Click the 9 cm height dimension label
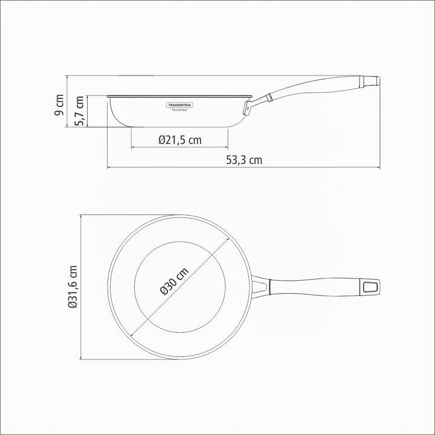click(x=59, y=105)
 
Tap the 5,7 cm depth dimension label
click(x=79, y=111)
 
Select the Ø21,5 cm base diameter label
click(x=180, y=140)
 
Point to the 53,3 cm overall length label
click(x=244, y=160)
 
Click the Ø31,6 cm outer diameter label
click(x=72, y=287)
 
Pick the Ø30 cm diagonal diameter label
click(x=174, y=282)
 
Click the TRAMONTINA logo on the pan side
click(x=180, y=105)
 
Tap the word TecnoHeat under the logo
click(x=180, y=110)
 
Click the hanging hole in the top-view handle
click(x=370, y=287)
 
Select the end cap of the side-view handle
click(x=370, y=81)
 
